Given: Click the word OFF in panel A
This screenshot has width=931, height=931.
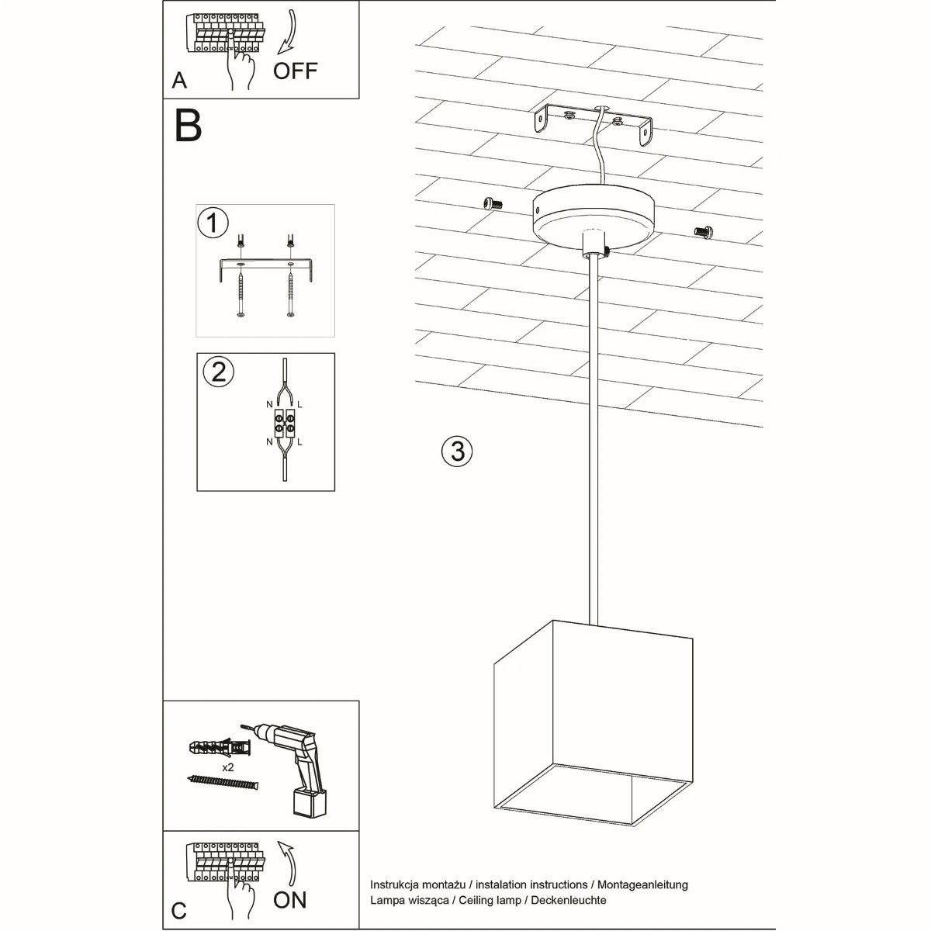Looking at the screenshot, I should (x=295, y=71).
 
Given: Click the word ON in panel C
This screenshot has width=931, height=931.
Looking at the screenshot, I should (x=290, y=900).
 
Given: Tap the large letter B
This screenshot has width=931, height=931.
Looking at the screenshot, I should (x=189, y=125).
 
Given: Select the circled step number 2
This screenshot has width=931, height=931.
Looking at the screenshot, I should (x=218, y=372).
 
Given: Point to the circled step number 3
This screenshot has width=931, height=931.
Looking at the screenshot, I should (x=457, y=451).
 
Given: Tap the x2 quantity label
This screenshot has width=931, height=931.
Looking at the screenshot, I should (x=228, y=767).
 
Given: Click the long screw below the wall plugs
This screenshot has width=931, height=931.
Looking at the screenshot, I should (x=222, y=784).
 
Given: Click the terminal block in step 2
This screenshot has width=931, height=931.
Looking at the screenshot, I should (x=284, y=422).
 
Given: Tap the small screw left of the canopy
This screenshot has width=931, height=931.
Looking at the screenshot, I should (x=491, y=203).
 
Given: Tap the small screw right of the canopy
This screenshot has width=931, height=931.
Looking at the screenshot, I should (x=703, y=230).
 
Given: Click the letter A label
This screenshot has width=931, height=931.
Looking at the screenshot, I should (x=179, y=81).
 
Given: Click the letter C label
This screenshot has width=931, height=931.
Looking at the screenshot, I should (x=179, y=910).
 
